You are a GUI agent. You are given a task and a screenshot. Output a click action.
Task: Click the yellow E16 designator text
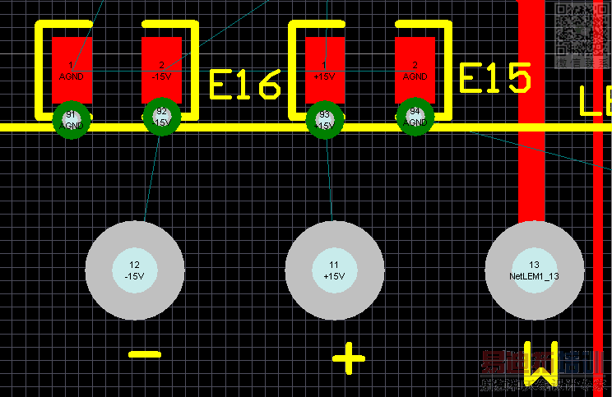[x=245, y=84]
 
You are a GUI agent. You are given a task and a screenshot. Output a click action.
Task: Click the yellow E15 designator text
[x=494, y=79]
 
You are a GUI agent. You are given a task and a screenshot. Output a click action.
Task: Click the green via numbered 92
[x=161, y=120]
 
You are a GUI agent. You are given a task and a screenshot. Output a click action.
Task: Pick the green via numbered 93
[x=325, y=120]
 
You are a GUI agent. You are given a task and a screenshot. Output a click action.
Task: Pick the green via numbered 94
[x=415, y=120]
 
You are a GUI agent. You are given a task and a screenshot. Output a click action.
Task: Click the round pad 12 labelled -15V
[x=134, y=270]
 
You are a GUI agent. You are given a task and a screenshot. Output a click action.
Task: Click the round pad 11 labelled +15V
[x=334, y=270]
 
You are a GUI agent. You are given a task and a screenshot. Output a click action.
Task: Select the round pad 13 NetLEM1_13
[x=534, y=270]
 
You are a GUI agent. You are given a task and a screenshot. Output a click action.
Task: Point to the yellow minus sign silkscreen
[x=145, y=355]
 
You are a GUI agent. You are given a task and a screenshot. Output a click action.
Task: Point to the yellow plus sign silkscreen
[x=348, y=358]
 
